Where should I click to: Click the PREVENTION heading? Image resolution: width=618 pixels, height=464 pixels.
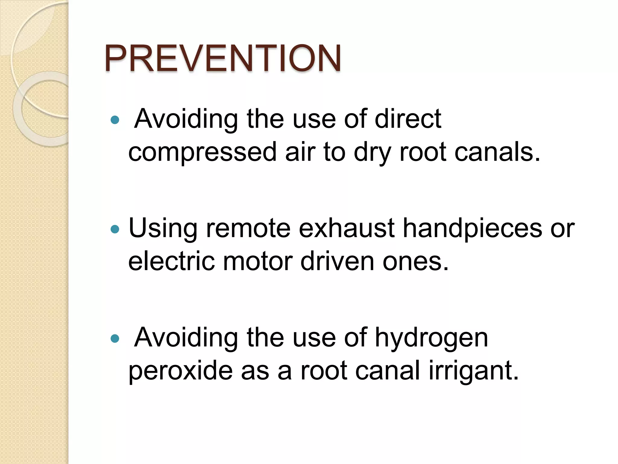click(223, 58)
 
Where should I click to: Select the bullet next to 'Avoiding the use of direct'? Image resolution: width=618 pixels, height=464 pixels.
click(115, 120)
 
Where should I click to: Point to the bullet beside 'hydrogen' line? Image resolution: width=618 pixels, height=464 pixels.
click(115, 339)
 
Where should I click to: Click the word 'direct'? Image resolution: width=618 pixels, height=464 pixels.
click(408, 119)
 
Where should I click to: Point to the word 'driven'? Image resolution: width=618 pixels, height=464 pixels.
click(337, 261)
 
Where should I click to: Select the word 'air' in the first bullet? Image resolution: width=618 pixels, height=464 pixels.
click(300, 152)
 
